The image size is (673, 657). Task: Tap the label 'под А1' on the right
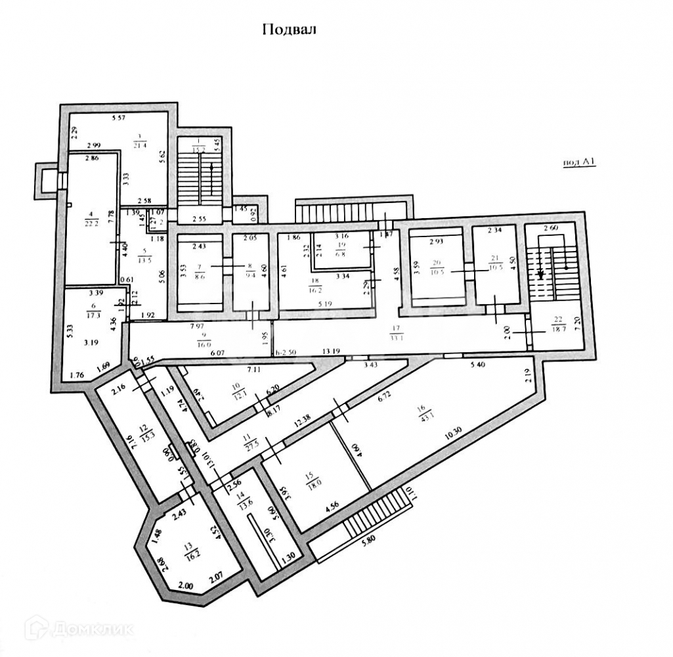(x=579, y=164)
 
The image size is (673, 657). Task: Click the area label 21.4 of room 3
(x=139, y=144)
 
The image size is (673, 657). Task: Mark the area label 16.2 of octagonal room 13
(x=192, y=544)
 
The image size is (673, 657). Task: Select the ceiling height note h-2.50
(x=286, y=351)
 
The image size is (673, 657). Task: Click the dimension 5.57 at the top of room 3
(x=118, y=118)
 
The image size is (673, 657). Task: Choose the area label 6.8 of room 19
(x=340, y=254)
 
